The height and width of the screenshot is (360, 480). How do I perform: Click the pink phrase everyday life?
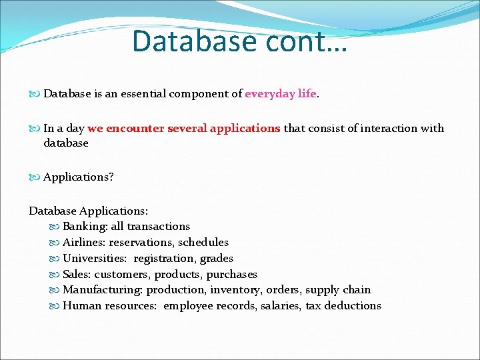[x=281, y=94]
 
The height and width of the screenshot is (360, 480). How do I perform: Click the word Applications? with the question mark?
[x=79, y=177]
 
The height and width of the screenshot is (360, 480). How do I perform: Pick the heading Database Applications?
[x=89, y=211]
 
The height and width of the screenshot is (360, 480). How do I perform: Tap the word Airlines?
[x=84, y=243]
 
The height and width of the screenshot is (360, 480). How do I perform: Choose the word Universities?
[x=95, y=259]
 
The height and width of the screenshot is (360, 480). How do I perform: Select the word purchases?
[x=231, y=275]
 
